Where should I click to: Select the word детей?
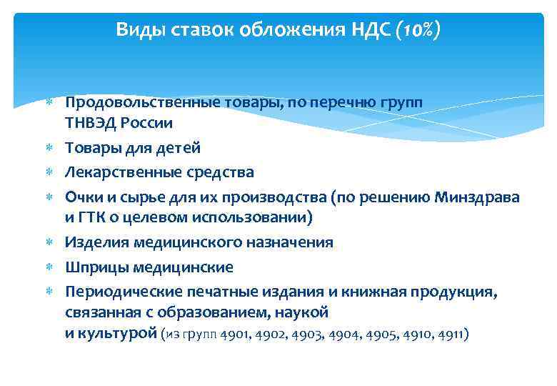click(x=177, y=148)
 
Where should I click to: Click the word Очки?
click(x=82, y=197)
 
